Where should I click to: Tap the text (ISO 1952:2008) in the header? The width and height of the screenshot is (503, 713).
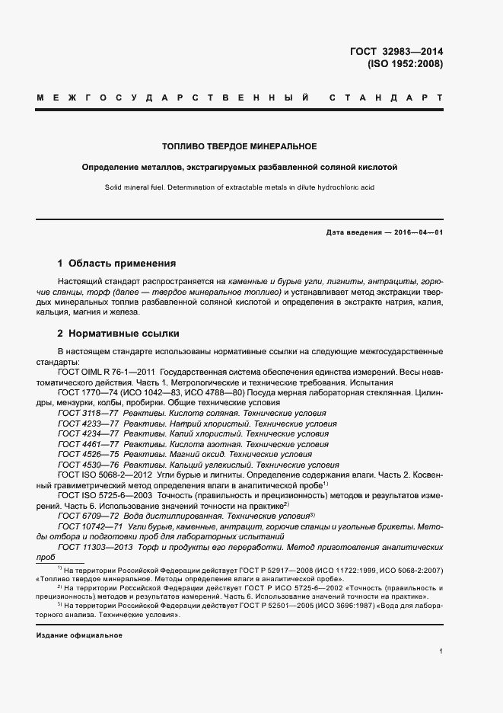(x=405, y=65)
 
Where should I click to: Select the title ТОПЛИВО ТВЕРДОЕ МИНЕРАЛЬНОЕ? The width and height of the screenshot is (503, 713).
(x=240, y=145)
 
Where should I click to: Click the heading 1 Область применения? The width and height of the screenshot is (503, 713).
(x=116, y=264)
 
